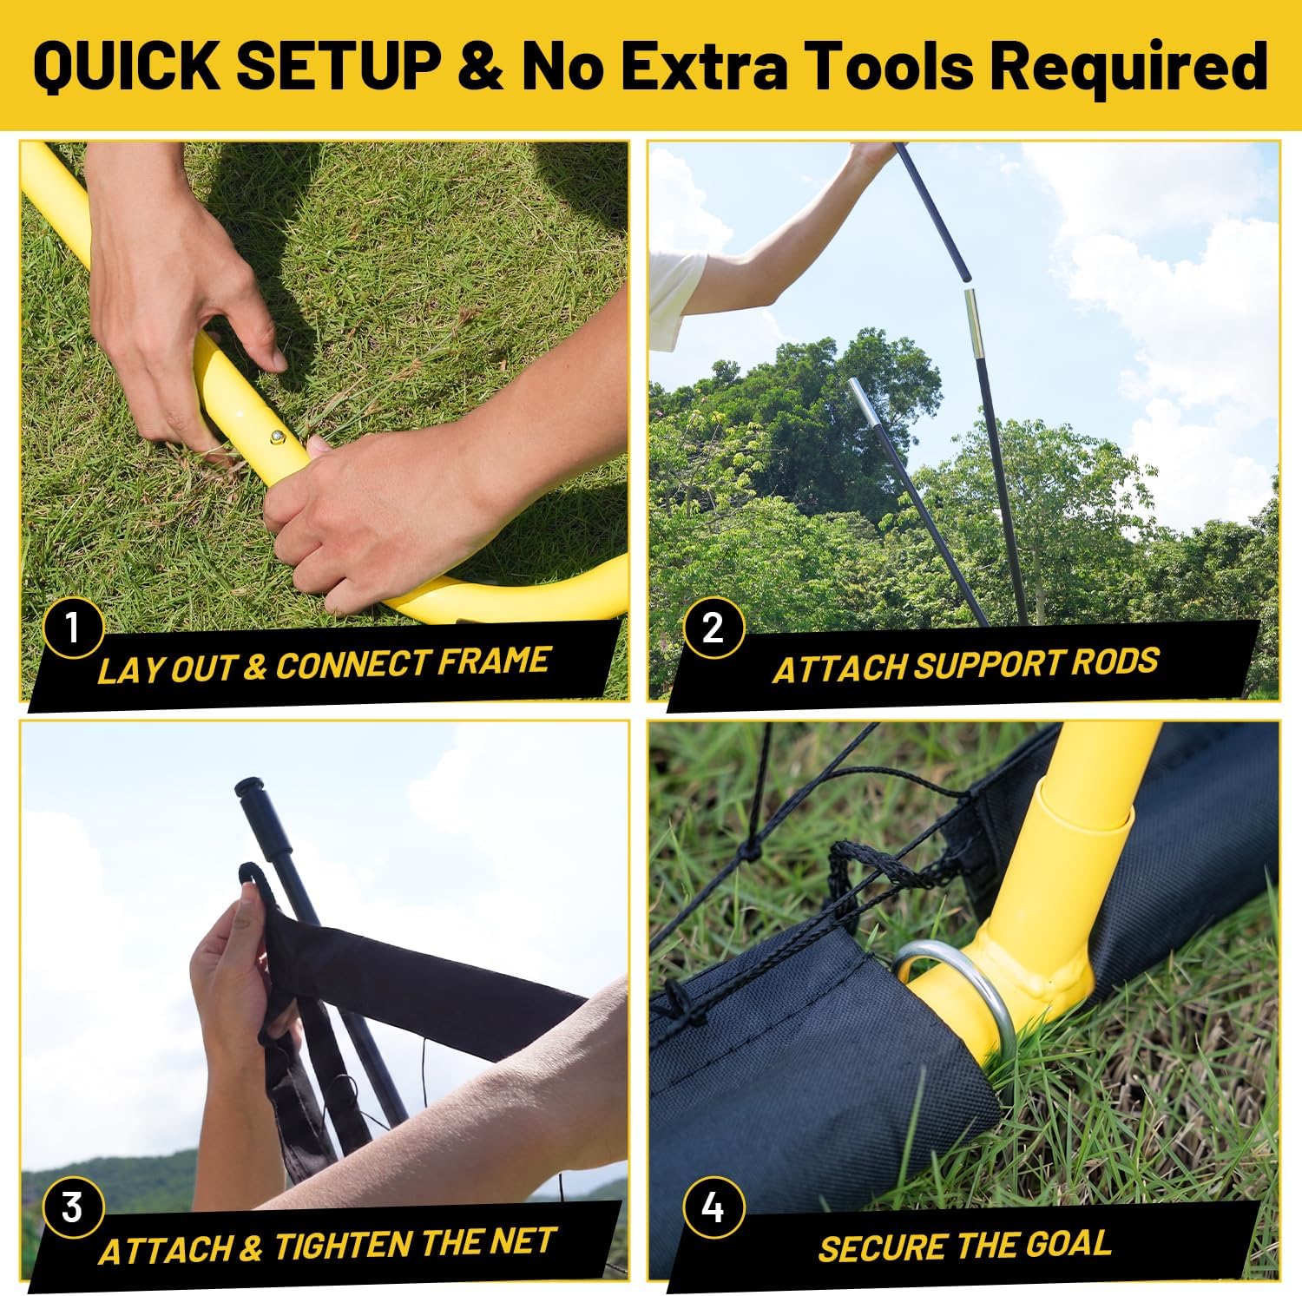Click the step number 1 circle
(x=72, y=627)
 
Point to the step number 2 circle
(x=713, y=627)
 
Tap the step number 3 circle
(x=72, y=1207)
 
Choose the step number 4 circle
(x=713, y=1207)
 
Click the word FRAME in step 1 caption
(x=494, y=662)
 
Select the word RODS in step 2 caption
(x=1115, y=662)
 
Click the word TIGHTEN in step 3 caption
(x=341, y=1247)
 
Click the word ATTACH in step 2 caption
(x=839, y=668)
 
